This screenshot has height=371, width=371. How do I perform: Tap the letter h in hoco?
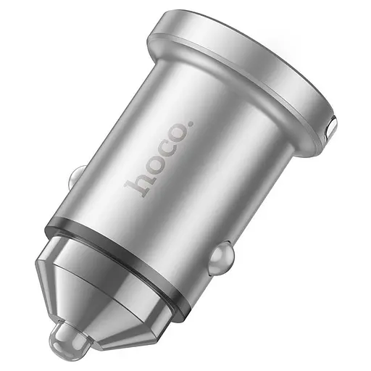click(x=135, y=186)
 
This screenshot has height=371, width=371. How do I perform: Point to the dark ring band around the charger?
click(x=123, y=246)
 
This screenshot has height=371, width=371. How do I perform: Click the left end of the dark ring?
click(x=49, y=230)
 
